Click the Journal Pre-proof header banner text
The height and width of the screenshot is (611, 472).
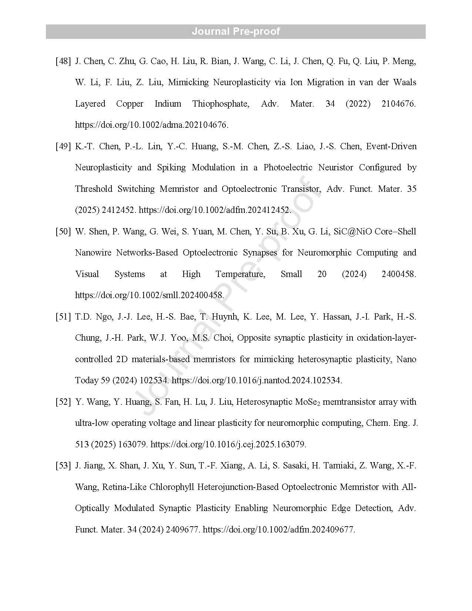[x=236, y=31]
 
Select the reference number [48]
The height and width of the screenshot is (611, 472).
[x=63, y=61]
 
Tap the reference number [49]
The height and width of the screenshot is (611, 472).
[x=63, y=146]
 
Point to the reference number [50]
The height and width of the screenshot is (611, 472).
[x=63, y=231]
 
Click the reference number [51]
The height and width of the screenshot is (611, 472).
[x=63, y=317]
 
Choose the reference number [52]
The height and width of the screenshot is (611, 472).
[x=63, y=402]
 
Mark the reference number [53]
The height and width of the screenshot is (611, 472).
[x=63, y=465]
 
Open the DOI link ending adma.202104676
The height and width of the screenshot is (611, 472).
[x=151, y=125]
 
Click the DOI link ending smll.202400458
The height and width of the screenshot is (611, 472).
[x=149, y=295]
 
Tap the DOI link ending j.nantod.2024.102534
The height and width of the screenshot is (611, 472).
[x=257, y=380]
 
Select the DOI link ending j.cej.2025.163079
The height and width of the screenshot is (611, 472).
[x=228, y=444]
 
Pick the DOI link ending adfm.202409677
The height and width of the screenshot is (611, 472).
[x=279, y=529]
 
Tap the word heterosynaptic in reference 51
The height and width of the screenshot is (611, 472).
[x=324, y=359]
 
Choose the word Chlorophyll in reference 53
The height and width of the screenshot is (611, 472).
[x=172, y=487]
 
